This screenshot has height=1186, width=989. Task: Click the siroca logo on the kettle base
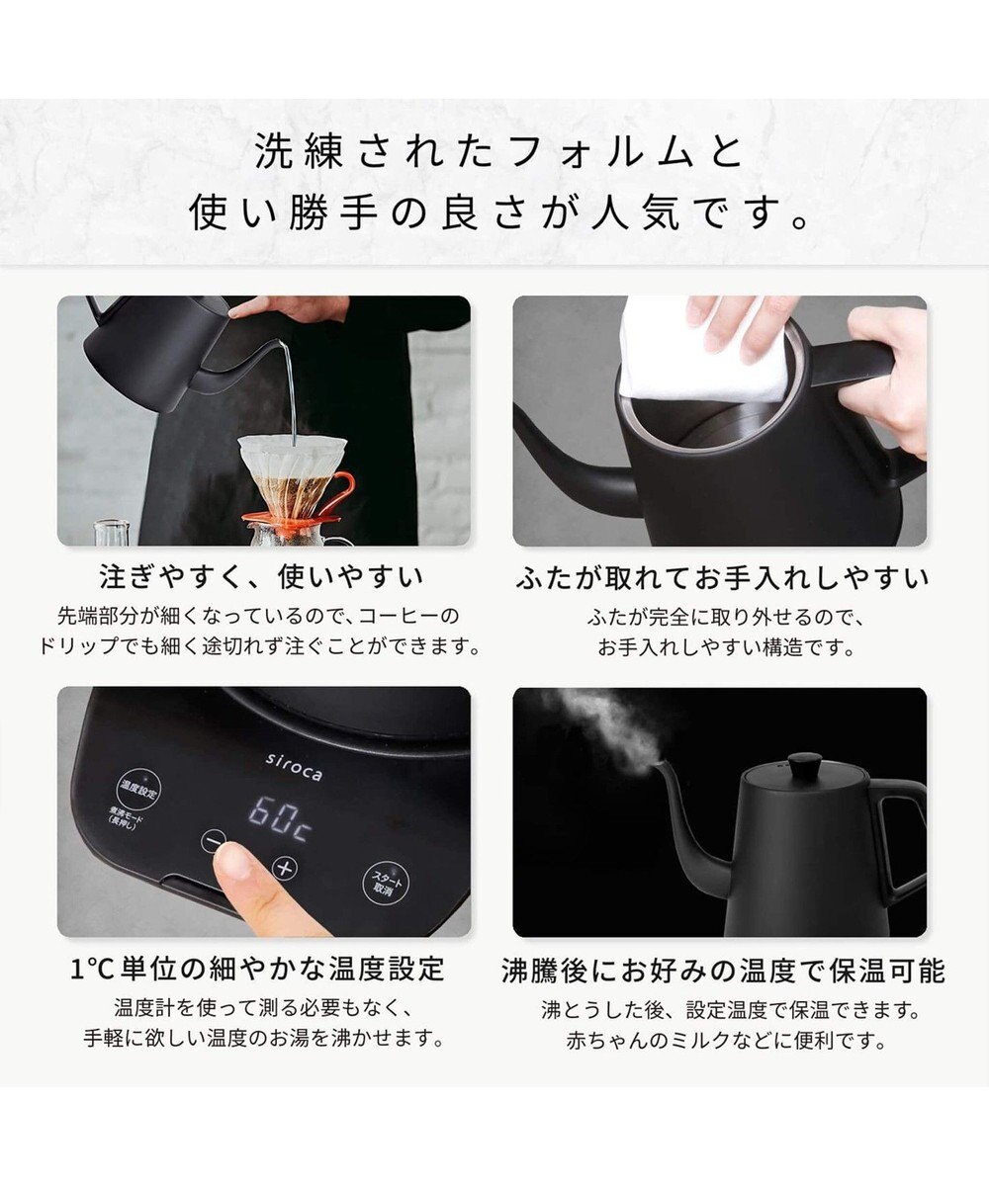point(294,767)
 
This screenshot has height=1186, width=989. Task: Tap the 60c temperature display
point(281,819)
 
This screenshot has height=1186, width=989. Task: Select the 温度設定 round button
point(138,790)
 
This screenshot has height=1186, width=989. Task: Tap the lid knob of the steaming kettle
point(804,763)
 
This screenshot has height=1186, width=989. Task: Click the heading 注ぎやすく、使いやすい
point(262,577)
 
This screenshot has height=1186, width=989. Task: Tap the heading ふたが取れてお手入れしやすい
point(722,578)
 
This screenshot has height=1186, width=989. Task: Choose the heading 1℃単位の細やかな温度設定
point(257,968)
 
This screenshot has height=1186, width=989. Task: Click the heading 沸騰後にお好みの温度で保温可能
point(723,971)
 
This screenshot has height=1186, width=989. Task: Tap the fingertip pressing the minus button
point(234,862)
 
